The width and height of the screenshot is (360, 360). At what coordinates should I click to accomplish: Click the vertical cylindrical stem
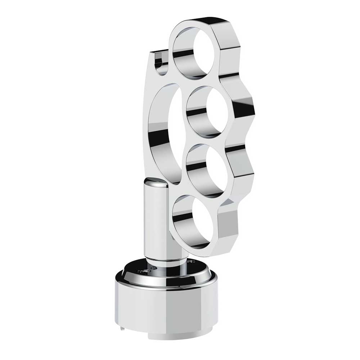[157, 220]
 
